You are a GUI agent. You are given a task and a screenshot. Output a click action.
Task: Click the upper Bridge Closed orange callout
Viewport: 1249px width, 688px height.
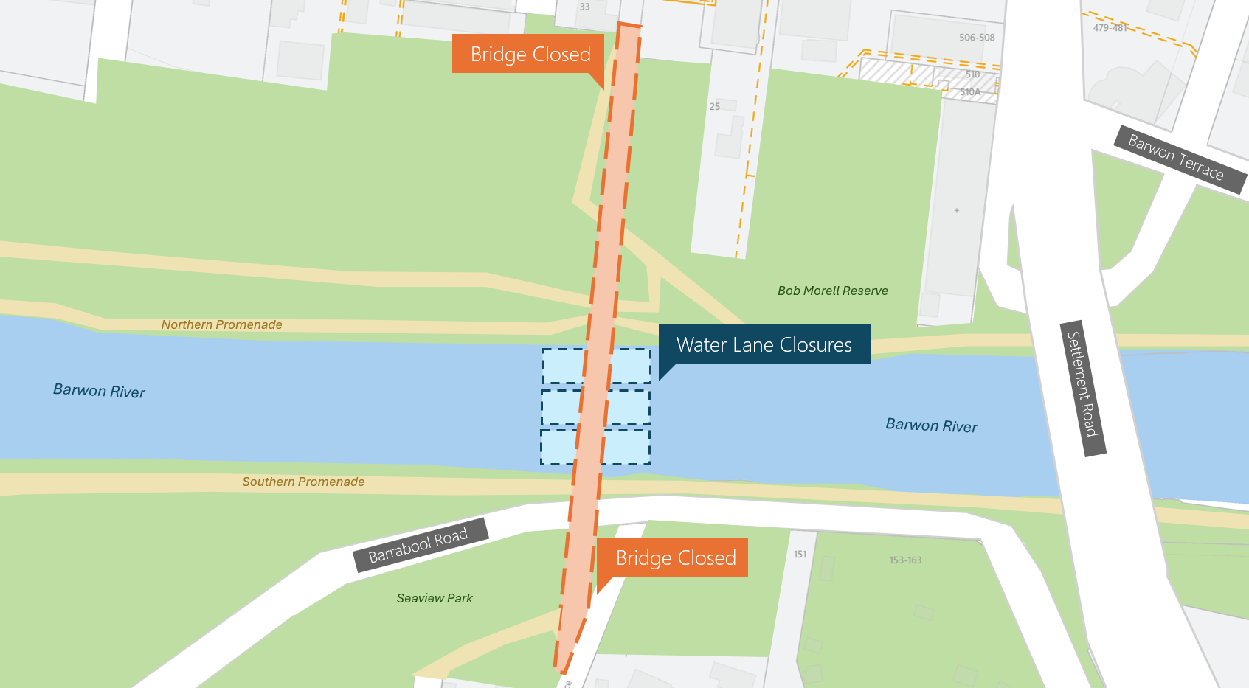(x=530, y=54)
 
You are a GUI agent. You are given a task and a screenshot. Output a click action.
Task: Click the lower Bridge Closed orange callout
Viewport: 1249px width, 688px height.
(x=675, y=557)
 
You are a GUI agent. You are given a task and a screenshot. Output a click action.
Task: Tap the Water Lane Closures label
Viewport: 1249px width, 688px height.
(x=764, y=344)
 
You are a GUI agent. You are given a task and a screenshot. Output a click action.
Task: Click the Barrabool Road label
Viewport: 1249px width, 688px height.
(x=418, y=546)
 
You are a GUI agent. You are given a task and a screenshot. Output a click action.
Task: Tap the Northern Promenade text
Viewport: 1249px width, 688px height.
(x=221, y=324)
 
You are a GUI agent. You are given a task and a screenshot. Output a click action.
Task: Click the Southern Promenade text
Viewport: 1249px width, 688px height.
(x=303, y=482)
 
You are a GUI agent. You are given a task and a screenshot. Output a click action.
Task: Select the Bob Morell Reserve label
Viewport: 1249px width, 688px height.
(x=832, y=291)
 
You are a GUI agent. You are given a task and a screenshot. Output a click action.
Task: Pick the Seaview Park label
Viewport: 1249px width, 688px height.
(x=434, y=598)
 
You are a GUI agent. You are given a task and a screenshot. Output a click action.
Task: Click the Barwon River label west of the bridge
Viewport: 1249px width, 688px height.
(x=99, y=391)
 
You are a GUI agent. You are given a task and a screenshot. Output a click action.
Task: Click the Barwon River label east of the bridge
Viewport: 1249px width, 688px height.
(x=931, y=425)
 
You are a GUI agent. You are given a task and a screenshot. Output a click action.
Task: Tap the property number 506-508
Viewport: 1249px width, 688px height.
(x=977, y=38)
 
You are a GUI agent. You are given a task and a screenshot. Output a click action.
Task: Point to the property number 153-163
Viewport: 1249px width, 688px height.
(x=905, y=560)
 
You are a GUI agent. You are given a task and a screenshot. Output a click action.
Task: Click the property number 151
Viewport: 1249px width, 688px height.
(x=800, y=555)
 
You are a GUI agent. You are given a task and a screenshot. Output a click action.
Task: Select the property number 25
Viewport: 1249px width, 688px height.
(x=714, y=107)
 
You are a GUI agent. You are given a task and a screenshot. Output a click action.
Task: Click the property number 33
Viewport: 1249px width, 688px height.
(x=584, y=7)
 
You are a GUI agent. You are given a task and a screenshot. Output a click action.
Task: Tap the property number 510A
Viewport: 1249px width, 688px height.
(x=970, y=92)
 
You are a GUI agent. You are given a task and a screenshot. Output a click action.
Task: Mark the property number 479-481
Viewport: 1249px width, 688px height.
(x=1109, y=28)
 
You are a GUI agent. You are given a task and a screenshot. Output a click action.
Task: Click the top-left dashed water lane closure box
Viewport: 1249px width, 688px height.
(x=563, y=366)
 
